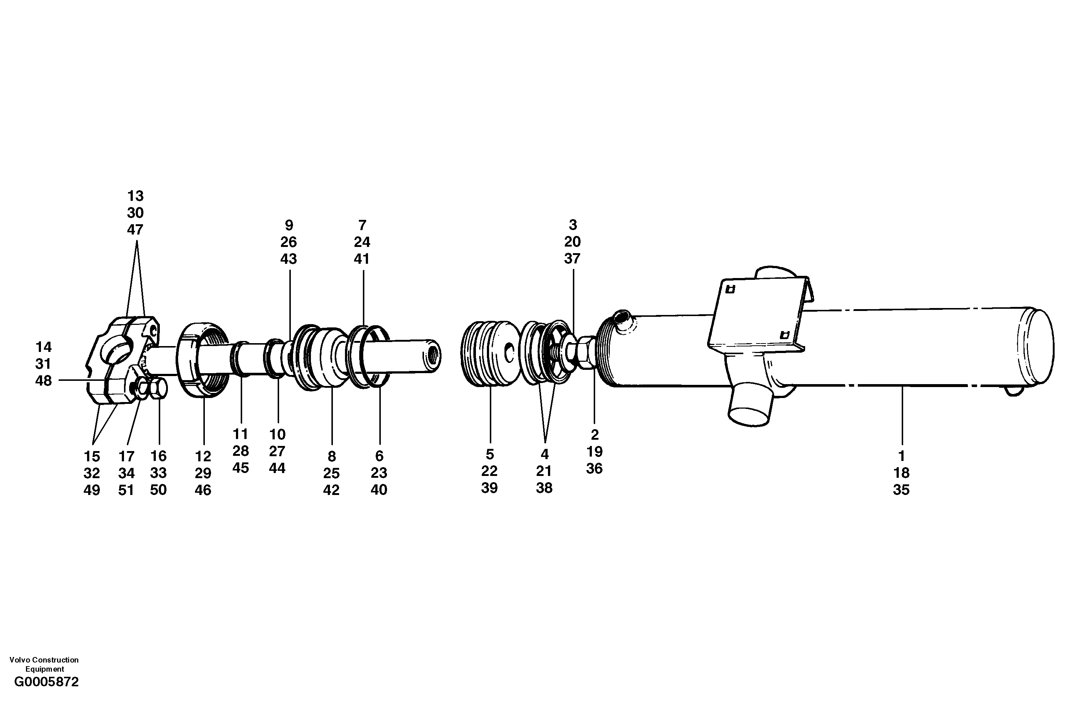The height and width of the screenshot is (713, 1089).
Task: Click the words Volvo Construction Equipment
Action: [44, 664]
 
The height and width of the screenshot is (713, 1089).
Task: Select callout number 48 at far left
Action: [44, 381]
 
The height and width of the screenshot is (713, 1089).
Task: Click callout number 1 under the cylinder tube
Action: [901, 456]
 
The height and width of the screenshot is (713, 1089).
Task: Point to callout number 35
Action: [901, 490]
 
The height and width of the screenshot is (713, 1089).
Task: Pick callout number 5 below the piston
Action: [489, 454]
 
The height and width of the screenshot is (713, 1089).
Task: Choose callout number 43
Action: [288, 259]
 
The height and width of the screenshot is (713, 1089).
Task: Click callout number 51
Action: [126, 490]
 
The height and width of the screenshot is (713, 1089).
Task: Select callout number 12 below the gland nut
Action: [203, 456]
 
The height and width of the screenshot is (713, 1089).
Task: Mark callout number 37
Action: [572, 259]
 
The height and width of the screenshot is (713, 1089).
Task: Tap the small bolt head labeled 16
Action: [159, 389]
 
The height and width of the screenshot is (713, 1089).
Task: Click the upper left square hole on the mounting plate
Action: [731, 289]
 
